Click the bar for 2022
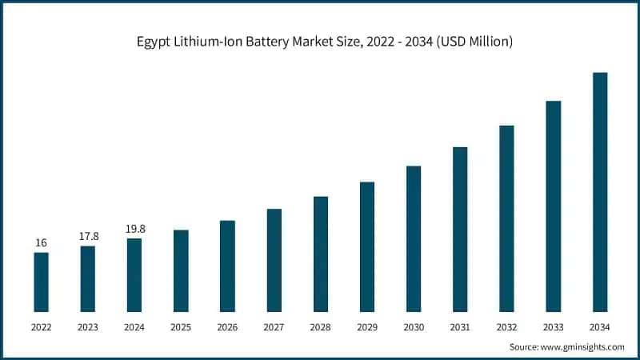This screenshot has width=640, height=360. [41, 282]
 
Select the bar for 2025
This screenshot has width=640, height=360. [181, 270]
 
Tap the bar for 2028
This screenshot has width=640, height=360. [321, 254]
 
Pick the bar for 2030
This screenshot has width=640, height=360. [414, 238]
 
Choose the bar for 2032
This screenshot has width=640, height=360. [506, 218]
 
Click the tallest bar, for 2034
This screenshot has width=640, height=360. [600, 192]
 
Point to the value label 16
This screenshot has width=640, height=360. [41, 242]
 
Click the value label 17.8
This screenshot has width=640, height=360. [88, 236]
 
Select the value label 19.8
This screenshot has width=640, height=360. [134, 229]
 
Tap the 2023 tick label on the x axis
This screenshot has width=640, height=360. [88, 326]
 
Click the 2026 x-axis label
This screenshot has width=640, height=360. [227, 326]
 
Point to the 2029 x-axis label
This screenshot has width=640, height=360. [367, 326]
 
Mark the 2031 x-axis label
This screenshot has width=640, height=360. [460, 326]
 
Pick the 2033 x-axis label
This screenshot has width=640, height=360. [554, 326]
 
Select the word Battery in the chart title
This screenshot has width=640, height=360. [277, 42]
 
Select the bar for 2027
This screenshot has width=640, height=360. [274, 260]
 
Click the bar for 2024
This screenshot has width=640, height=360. [134, 274]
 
